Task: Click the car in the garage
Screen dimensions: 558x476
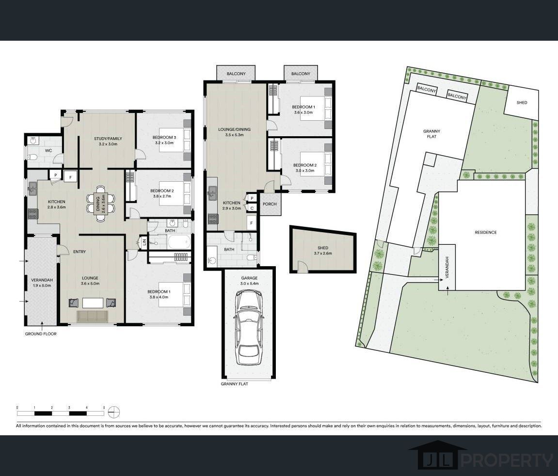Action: click(x=249, y=327)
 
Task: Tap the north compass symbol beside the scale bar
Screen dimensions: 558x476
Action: click(x=114, y=412)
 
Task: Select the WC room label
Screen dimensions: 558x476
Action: click(x=48, y=150)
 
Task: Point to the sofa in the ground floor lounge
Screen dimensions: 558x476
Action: click(x=92, y=316)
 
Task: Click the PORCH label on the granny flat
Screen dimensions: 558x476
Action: click(x=270, y=204)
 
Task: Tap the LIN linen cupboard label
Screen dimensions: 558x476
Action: click(x=144, y=242)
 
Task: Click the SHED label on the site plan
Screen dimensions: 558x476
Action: click(x=522, y=102)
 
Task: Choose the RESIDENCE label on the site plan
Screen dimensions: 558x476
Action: click(x=485, y=232)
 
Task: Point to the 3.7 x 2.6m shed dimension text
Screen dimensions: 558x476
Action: click(x=323, y=254)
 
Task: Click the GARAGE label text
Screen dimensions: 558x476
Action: click(x=249, y=278)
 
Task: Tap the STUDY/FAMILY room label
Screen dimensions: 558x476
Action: click(x=108, y=139)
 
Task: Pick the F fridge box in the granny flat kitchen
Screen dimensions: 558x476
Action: click(x=252, y=222)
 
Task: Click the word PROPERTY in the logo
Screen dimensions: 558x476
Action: click(x=507, y=460)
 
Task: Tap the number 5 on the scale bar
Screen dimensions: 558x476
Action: click(x=104, y=408)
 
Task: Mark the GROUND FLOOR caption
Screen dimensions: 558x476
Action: click(x=41, y=333)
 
